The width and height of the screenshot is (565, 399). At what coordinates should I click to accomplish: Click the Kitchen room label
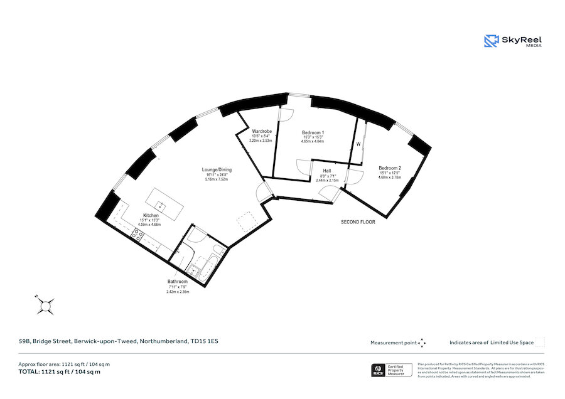[150, 215]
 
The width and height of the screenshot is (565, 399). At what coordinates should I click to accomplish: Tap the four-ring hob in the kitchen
[137, 237]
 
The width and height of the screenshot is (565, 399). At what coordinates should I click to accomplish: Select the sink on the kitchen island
[160, 205]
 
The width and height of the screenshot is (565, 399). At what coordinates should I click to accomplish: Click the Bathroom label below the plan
[177, 282]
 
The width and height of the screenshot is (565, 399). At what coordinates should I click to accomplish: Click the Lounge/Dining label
[216, 170]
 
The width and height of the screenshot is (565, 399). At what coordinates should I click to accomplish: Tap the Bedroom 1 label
[313, 132]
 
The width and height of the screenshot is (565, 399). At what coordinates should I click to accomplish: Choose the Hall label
[326, 171]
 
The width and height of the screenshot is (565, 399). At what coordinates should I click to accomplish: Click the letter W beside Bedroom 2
[358, 145]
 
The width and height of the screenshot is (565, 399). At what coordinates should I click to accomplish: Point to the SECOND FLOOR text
[358, 222]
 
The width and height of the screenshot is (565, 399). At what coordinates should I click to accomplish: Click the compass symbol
[45, 306]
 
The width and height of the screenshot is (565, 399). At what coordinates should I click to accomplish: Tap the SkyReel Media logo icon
[490, 41]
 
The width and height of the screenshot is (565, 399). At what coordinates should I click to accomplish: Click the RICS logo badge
[379, 370]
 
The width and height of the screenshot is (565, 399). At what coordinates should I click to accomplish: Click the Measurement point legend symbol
[422, 343]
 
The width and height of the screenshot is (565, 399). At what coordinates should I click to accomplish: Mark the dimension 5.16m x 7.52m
[216, 179]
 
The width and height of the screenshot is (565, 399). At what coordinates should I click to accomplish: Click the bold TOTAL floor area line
[60, 372]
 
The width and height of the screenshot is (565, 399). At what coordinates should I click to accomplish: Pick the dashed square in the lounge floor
[244, 222]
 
